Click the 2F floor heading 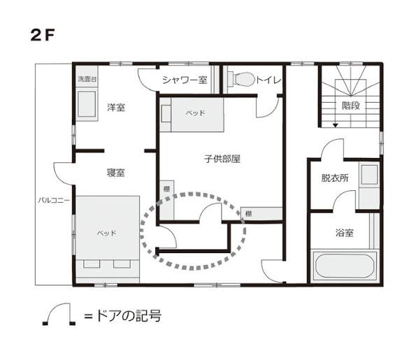tap(42, 35)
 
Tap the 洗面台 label tap(87, 79)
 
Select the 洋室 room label tap(116, 108)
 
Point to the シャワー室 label tap(185, 80)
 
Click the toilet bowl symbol tap(243, 79)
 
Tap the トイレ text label tap(268, 80)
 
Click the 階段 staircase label tap(351, 106)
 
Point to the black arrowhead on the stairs tap(336, 125)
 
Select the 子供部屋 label tap(222, 159)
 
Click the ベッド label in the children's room tap(196, 113)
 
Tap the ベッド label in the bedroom tap(107, 233)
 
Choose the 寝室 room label tap(115, 173)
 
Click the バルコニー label tap(54, 200)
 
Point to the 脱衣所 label tap(335, 178)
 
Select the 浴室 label tap(345, 233)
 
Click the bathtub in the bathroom tap(345, 266)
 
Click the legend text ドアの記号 tap(128, 316)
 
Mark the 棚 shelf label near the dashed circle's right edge tap(248, 214)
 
